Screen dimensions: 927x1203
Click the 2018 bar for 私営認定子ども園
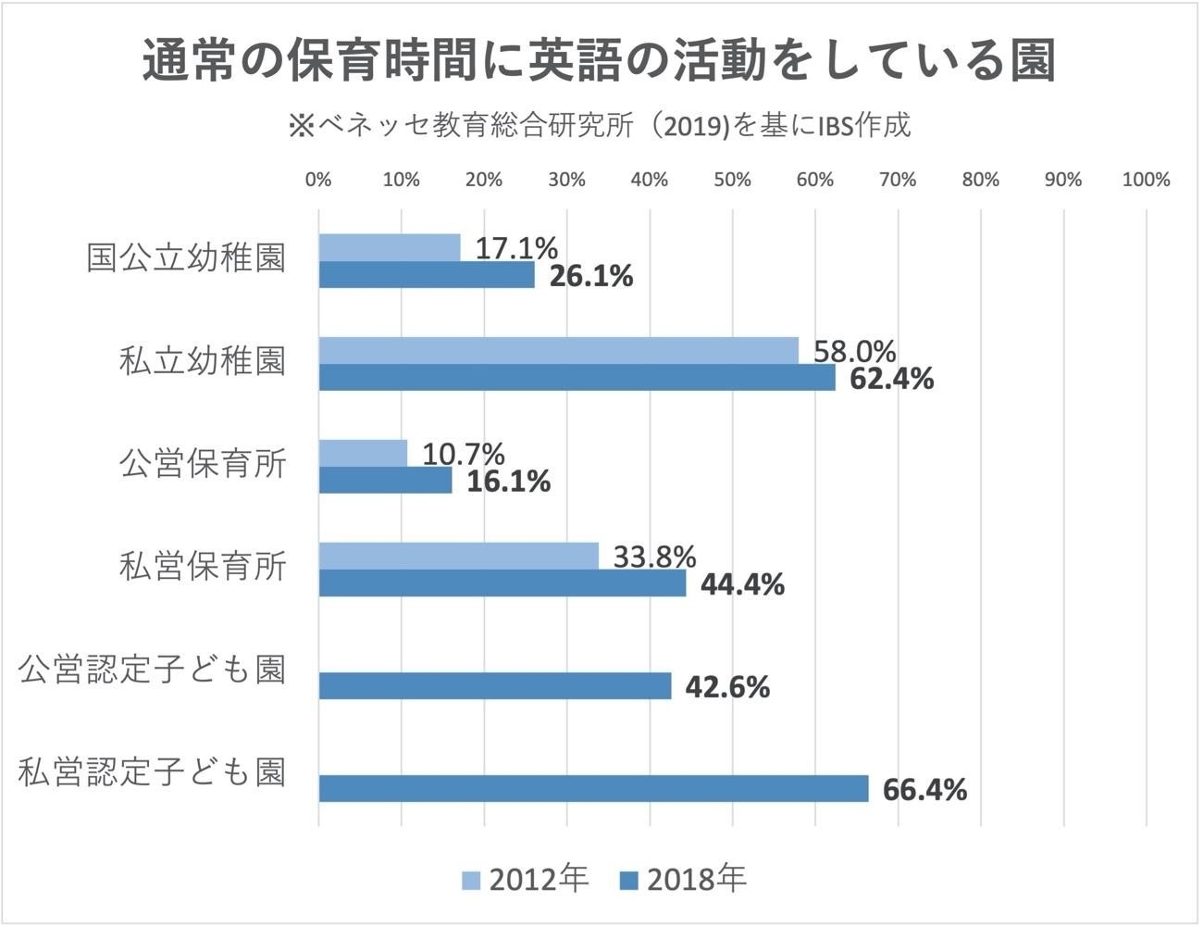(x=593, y=789)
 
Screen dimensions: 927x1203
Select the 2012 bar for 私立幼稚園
(x=558, y=350)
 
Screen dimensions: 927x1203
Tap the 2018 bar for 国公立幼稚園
(x=427, y=275)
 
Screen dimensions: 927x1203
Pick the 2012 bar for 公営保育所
(x=363, y=453)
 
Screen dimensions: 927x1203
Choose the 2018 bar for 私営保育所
(x=502, y=583)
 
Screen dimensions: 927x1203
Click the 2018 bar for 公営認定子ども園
(x=495, y=686)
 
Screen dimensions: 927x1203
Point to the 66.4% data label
(x=924, y=790)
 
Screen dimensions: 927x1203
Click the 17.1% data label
(x=516, y=248)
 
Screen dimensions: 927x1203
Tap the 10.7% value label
(x=464, y=454)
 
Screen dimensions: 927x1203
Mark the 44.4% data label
(x=742, y=584)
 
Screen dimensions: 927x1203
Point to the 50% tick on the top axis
(x=732, y=180)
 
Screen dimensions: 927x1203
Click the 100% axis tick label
(x=1146, y=180)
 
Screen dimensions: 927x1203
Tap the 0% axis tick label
(x=318, y=180)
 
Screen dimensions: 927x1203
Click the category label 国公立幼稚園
(x=186, y=258)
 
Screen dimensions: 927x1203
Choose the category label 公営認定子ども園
(x=153, y=670)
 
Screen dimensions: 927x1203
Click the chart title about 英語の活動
(x=600, y=63)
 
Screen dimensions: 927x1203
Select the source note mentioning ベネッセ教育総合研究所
(x=600, y=125)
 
